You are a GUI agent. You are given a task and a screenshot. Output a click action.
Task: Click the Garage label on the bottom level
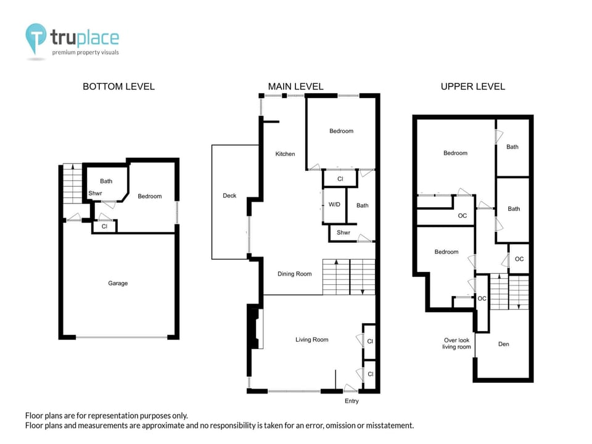click(x=118, y=283)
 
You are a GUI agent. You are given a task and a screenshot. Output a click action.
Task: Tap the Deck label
click(x=229, y=195)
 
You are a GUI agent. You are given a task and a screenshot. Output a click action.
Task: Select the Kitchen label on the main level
click(x=285, y=154)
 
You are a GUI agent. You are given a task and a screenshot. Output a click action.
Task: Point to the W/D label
click(x=334, y=205)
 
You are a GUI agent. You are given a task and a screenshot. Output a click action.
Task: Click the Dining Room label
click(x=295, y=274)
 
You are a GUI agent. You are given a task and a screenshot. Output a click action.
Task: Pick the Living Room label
click(x=312, y=339)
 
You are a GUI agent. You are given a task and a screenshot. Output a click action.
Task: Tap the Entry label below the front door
click(x=351, y=401)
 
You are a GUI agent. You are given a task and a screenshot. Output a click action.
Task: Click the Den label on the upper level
click(x=504, y=344)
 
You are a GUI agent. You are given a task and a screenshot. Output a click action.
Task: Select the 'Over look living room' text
click(x=456, y=343)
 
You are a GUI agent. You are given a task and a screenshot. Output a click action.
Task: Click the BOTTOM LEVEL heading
click(x=118, y=86)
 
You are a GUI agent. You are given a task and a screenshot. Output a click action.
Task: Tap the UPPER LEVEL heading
click(x=473, y=86)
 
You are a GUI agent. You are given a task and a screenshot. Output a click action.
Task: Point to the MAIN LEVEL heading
click(x=295, y=86)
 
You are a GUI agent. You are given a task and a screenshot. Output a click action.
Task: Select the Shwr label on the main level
click(x=343, y=232)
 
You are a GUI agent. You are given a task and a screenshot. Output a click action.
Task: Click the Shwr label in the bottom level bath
click(x=95, y=193)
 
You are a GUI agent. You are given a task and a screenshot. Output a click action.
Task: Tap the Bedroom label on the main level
click(x=341, y=131)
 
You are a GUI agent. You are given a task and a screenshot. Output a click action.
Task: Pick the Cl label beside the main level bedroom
click(x=340, y=179)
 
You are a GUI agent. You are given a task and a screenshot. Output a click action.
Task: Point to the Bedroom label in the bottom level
click(x=149, y=196)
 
